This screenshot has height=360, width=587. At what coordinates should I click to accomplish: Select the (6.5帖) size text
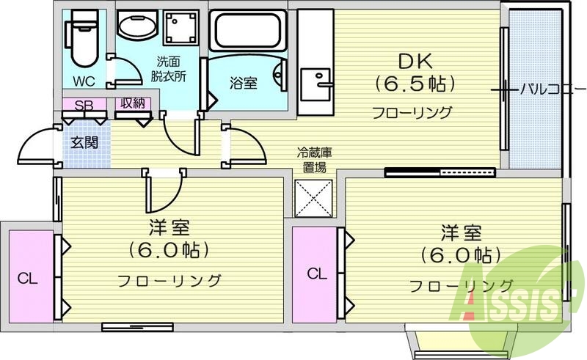pyautogui.click(x=415, y=84)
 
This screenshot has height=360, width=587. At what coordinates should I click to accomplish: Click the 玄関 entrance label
pyautogui.click(x=83, y=142)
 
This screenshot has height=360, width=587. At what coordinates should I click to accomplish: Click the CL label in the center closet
pyautogui.click(x=316, y=274)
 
